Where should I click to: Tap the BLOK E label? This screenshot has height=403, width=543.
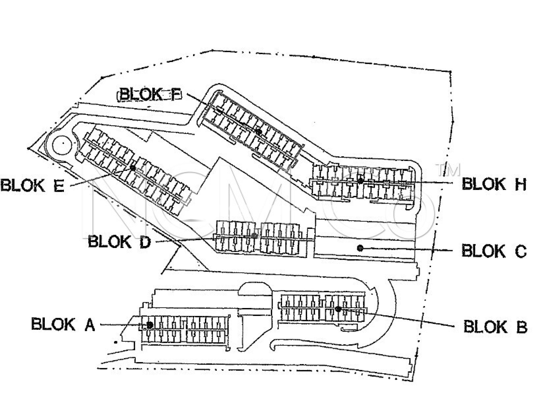pyautogui.click(x=32, y=185)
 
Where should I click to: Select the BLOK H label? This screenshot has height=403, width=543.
pyautogui.click(x=494, y=184)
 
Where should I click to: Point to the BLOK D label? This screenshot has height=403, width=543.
pyautogui.click(x=119, y=242)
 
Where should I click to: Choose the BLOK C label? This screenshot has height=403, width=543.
pyautogui.click(x=494, y=251)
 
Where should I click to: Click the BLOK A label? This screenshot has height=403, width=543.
pyautogui.click(x=63, y=324)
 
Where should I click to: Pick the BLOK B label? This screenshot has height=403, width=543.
pyautogui.click(x=495, y=327)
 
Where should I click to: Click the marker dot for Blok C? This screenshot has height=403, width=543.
pyautogui.click(x=360, y=248)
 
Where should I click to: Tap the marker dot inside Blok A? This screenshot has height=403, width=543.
pyautogui.click(x=150, y=324)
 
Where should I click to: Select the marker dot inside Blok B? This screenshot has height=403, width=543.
pyautogui.click(x=338, y=309)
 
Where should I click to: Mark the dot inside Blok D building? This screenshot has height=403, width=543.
pyautogui.click(x=254, y=235)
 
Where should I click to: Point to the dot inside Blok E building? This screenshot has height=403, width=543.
pyautogui.click(x=133, y=168)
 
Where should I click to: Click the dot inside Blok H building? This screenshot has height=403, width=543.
pyautogui.click(x=360, y=181)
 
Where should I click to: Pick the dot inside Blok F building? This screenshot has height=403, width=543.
pyautogui.click(x=259, y=131)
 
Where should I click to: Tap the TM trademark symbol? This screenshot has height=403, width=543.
pyautogui.click(x=449, y=170)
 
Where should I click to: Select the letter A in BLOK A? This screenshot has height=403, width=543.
pyautogui.click(x=89, y=324)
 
